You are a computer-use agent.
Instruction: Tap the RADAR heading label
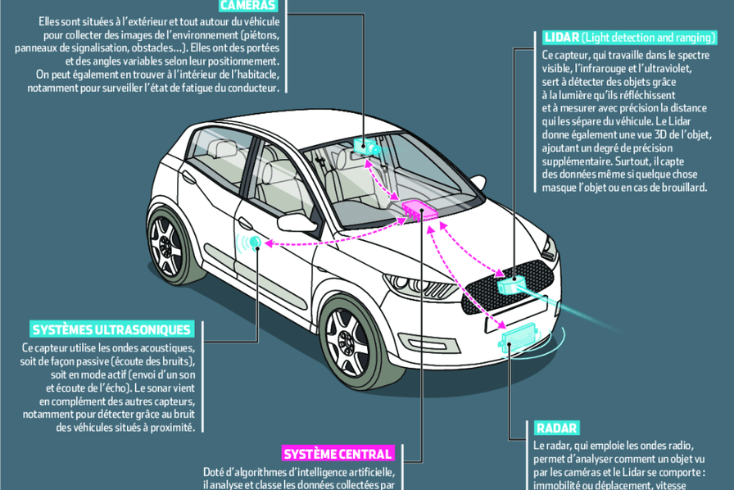click(x=557, y=428)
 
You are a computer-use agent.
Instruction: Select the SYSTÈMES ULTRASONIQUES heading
click(x=111, y=329)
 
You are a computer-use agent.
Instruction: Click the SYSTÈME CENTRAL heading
click(x=338, y=453)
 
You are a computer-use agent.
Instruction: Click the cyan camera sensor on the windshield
click(x=365, y=147)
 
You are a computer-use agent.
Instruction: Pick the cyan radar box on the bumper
click(x=516, y=337)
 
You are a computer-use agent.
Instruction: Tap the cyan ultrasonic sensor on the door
click(x=256, y=242)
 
